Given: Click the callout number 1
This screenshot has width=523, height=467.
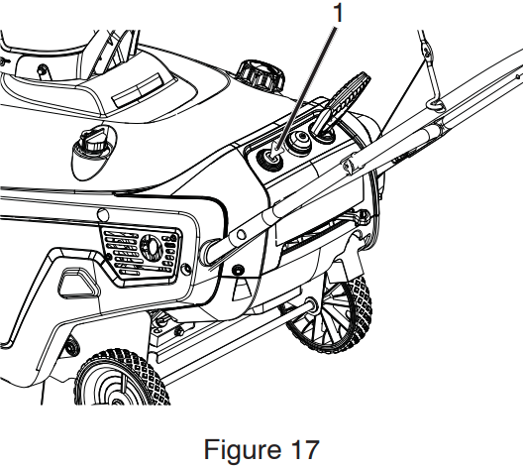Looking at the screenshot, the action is (338, 13).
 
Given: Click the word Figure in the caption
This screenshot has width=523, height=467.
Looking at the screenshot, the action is (242, 450).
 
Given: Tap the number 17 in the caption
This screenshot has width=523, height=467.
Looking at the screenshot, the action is (305, 449).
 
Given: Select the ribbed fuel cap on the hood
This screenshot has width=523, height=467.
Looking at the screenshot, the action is (261, 75).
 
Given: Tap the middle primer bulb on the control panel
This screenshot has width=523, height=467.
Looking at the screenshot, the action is (299, 142).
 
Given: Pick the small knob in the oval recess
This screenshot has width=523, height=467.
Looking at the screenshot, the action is (91, 143).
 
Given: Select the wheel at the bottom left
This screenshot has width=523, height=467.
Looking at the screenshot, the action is (121, 379).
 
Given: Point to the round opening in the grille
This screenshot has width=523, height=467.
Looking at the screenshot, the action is (151, 246).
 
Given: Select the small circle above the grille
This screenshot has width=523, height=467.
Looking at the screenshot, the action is (103, 214).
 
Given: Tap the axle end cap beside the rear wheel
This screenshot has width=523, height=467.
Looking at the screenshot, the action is (311, 303).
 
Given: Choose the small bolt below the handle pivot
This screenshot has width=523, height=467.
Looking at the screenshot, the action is (238, 270).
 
